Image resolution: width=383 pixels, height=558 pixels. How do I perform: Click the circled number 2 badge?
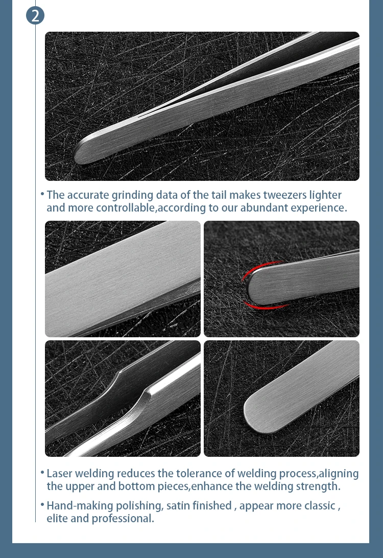[x=35, y=16]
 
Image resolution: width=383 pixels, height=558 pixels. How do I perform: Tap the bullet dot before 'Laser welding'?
[x=42, y=473]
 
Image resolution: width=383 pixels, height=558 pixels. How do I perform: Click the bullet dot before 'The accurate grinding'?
[x=42, y=194]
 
